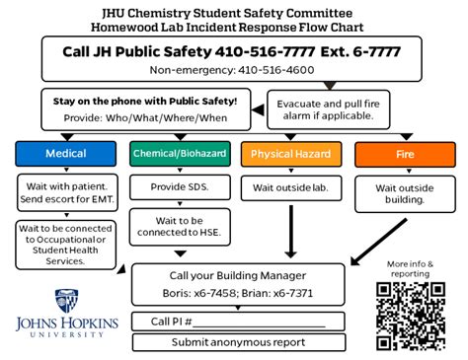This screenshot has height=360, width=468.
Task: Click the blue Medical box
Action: [x=67, y=154]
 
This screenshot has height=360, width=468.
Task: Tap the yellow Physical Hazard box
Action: [x=291, y=154]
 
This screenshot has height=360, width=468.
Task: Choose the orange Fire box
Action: [x=404, y=154]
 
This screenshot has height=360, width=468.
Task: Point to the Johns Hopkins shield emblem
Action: [x=67, y=299]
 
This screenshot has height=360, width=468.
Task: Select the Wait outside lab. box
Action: [x=291, y=187]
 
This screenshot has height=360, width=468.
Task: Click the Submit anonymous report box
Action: [x=238, y=342]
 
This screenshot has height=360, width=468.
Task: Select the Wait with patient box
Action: [x=67, y=193]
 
